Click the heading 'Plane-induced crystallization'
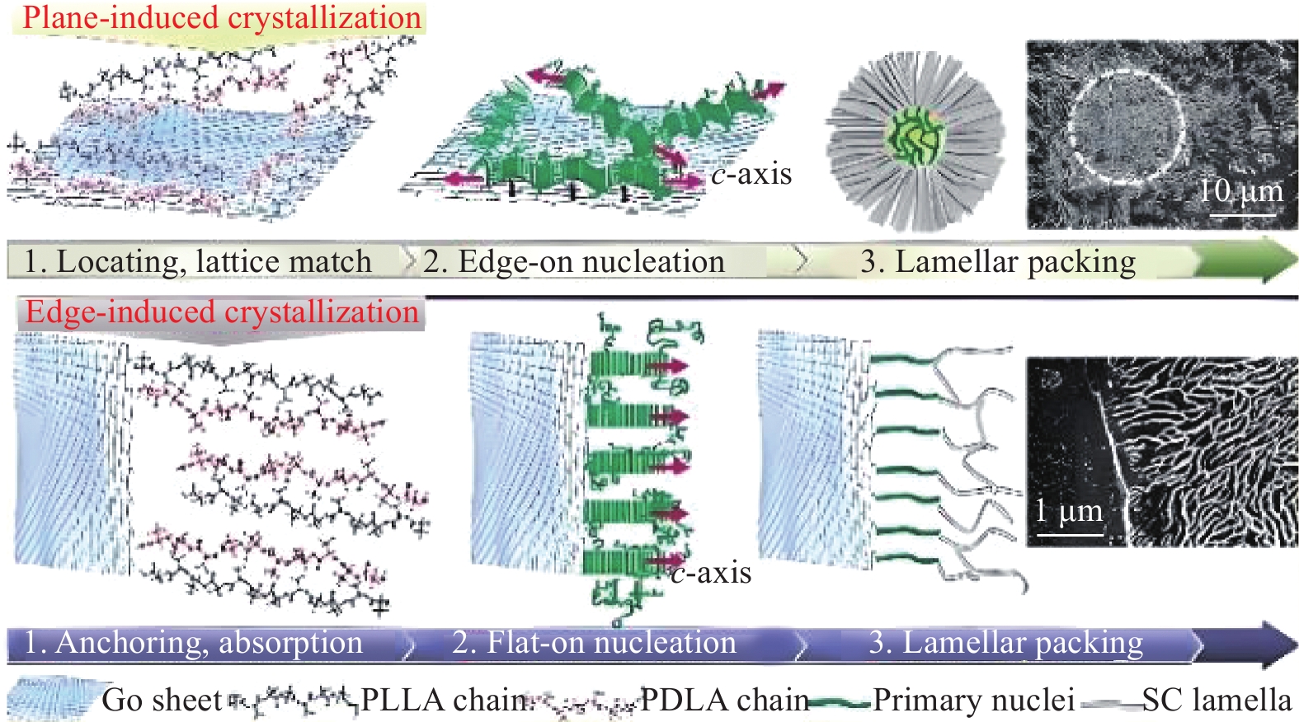click(221, 18)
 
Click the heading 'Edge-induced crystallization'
click(222, 312)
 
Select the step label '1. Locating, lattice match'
click(198, 261)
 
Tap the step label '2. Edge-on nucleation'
click(574, 261)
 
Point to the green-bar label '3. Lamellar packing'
click(998, 261)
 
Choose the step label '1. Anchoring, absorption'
click(193, 642)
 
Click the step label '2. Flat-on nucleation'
click(594, 642)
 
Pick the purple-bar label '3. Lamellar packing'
click(1006, 642)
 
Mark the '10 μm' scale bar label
click(1240, 191)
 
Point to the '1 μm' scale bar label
click(1069, 511)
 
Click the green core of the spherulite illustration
click(913, 137)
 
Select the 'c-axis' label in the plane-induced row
click(751, 175)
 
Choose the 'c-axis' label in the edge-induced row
click(711, 573)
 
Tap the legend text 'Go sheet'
click(162, 701)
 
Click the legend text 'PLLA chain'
click(445, 701)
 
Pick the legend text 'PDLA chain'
click(725, 701)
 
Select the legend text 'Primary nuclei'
click(973, 701)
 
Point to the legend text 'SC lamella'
click(1217, 701)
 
